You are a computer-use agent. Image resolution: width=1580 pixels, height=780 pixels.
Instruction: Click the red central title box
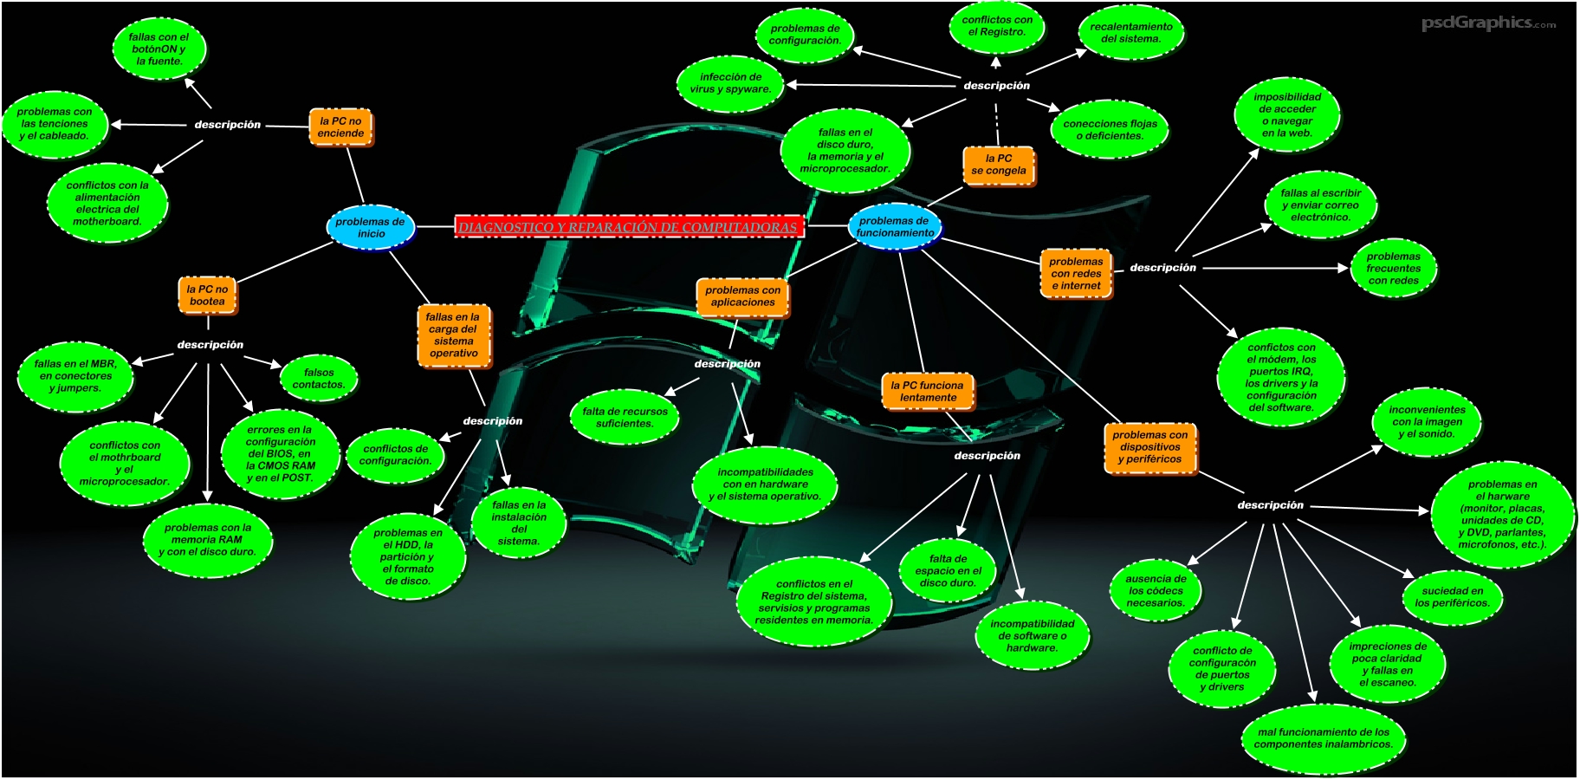[629, 227]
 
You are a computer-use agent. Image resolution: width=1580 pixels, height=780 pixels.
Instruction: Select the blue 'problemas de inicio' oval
[371, 228]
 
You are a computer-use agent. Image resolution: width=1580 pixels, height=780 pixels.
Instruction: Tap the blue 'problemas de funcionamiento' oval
[894, 227]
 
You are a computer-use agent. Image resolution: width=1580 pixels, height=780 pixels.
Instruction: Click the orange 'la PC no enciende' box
[340, 127]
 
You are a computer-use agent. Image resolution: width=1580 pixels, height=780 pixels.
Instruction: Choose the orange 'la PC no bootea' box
[207, 296]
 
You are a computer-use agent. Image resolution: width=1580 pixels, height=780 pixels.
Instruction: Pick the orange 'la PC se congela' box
[999, 165]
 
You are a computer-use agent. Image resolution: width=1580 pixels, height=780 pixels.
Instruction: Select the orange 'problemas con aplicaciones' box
[742, 296]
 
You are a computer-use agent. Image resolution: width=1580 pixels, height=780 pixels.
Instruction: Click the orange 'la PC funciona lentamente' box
[928, 392]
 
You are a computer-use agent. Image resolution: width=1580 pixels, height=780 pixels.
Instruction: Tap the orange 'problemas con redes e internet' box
[1076, 274]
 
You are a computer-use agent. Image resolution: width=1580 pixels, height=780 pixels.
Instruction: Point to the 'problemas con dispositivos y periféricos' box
[1149, 447]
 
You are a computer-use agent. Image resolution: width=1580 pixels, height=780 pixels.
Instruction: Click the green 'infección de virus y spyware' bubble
[730, 83]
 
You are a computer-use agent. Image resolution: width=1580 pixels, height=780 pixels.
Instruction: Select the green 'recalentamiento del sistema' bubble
[1131, 33]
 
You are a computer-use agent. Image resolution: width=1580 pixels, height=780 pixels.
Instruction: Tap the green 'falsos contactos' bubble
[319, 379]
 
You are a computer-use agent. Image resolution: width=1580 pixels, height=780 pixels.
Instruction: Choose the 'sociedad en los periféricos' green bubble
[1452, 597]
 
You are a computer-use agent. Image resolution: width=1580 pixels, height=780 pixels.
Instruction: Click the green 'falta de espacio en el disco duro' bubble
[948, 571]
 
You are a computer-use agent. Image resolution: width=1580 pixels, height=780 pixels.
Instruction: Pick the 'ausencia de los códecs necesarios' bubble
[1156, 591]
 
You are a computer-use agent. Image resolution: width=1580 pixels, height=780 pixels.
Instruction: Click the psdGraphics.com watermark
[1487, 23]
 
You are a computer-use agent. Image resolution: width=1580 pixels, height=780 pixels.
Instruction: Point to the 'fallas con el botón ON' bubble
[159, 49]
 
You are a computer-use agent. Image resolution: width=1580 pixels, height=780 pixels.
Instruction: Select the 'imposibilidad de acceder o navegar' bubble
[1287, 115]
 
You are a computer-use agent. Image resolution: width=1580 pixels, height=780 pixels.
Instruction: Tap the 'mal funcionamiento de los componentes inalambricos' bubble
[1323, 738]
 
